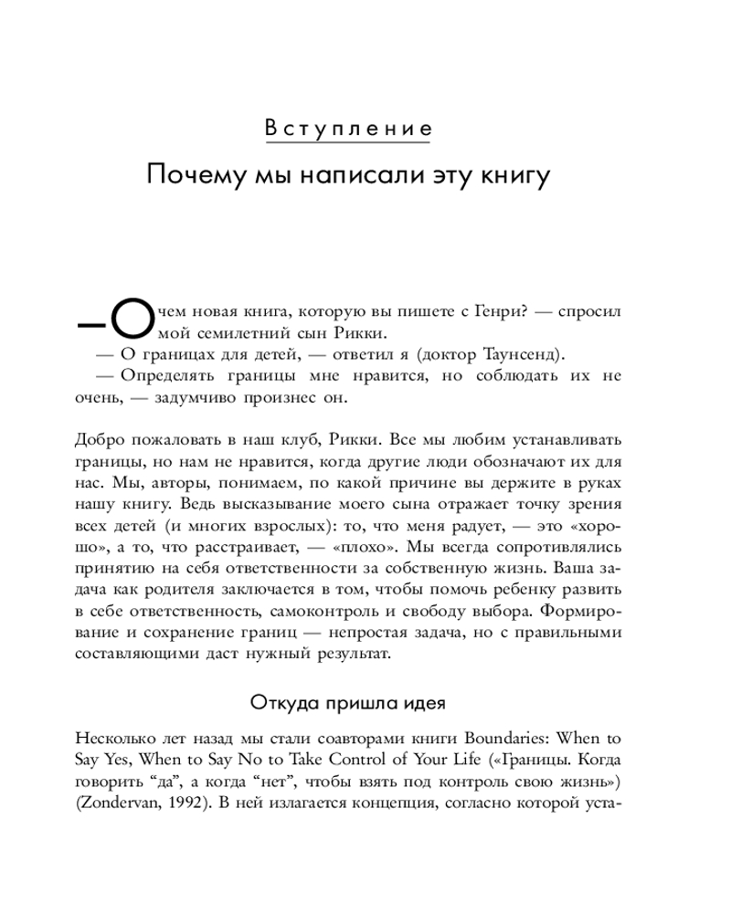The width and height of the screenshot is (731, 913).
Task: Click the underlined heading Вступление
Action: pyautogui.click(x=347, y=128)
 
